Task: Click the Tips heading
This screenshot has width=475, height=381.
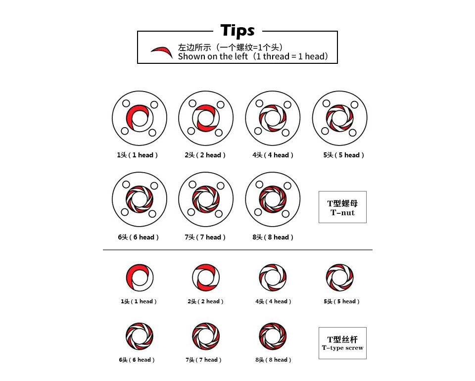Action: coord(237,31)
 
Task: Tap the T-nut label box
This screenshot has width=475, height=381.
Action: coord(342,207)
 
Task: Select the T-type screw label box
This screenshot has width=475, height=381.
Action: coord(342,343)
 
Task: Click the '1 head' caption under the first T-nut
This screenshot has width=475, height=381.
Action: coord(137,155)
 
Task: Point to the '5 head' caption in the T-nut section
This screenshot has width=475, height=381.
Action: coord(343,155)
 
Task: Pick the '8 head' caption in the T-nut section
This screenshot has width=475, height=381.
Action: coord(273,237)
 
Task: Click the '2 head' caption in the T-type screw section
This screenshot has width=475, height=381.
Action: coord(205,301)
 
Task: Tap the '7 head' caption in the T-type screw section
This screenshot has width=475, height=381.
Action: coord(203,360)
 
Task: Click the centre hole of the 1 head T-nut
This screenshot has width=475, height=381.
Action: coord(140,118)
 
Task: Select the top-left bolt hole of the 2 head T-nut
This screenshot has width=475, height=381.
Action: coord(192,103)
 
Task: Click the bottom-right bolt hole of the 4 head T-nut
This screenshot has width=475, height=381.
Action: coord(285,133)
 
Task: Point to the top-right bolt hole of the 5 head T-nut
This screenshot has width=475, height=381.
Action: coord(354,105)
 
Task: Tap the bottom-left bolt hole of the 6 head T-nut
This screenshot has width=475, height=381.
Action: coord(125,212)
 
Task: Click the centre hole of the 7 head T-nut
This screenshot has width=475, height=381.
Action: coord(206,199)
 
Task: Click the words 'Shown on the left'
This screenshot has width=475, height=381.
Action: coord(213,56)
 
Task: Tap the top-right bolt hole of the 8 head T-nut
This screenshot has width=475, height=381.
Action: coord(287,186)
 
